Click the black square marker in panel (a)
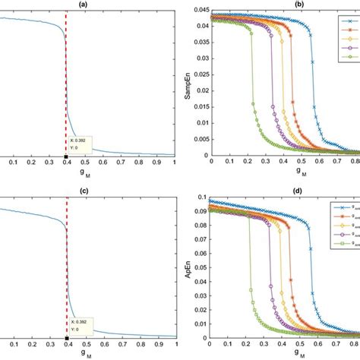click(67, 156)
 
